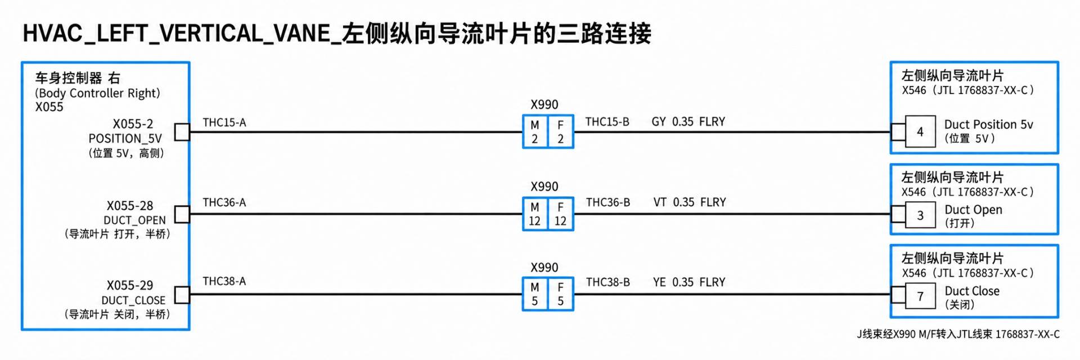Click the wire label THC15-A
pos(224,123)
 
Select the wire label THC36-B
pos(608,202)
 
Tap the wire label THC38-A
pos(224,281)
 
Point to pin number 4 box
pos(920,132)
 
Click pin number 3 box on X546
pos(920,215)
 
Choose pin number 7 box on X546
pos(920,296)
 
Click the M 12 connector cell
pos(535,214)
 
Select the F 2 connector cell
pos(561,132)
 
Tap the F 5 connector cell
pos(561,294)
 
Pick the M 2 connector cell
pos(535,132)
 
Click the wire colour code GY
pos(659,122)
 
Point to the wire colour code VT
pos(660,202)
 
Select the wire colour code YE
pos(659,282)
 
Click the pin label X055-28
pos(130,206)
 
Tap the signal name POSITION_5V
pos(125,138)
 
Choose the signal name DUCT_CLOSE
pos(133,300)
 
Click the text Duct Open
pos(973,210)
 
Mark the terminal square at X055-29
pos(182,295)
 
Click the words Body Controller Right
pos(98,93)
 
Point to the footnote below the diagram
pos(958,334)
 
